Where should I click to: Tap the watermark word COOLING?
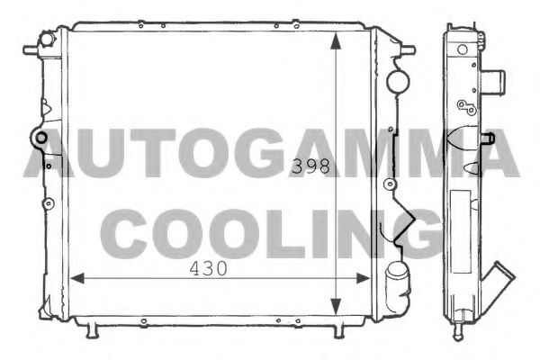pyautogui.click(x=270, y=232)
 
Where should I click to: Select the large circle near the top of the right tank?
pyautogui.click(x=396, y=81)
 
